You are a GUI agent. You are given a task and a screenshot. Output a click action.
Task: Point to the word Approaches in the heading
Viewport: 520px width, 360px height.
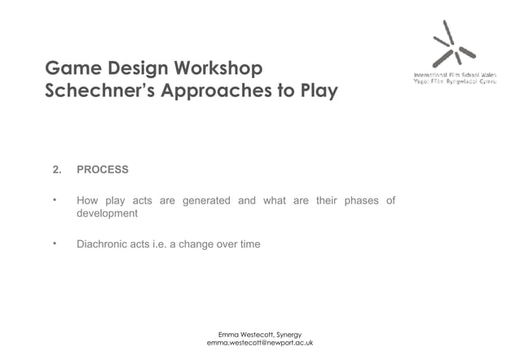(x=216, y=90)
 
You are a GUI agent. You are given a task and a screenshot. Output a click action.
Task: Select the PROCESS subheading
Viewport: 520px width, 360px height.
(x=103, y=169)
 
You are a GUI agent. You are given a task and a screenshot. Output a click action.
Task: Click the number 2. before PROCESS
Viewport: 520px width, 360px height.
(x=57, y=169)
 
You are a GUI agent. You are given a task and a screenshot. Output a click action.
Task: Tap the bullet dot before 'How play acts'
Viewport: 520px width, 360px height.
(x=55, y=199)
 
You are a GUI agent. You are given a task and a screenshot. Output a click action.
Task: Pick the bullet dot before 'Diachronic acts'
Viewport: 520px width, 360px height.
(x=55, y=243)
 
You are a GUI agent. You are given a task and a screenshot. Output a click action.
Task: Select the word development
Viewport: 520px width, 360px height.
(x=107, y=213)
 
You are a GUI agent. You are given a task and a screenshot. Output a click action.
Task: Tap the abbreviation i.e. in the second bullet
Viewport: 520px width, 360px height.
(x=153, y=244)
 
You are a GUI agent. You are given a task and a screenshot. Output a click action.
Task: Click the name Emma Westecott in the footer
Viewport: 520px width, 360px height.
(x=245, y=334)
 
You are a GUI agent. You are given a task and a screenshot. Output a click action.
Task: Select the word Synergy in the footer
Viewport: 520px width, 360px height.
(x=289, y=334)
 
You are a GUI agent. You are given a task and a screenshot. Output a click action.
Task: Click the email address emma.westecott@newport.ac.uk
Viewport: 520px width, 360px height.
(x=260, y=343)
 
